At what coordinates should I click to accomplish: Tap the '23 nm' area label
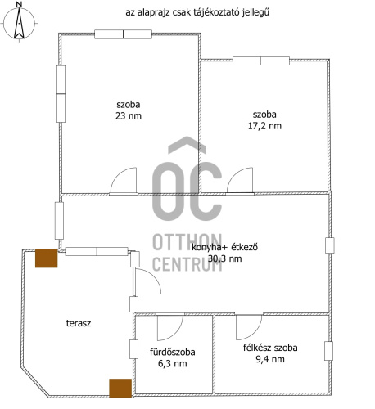[129, 116]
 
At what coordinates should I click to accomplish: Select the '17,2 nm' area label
[264, 126]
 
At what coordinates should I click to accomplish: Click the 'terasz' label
[79, 323]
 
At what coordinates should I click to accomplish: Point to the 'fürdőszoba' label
[173, 352]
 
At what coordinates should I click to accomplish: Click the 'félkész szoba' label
[270, 348]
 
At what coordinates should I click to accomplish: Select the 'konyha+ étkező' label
[224, 247]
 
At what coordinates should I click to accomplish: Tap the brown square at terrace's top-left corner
[47, 258]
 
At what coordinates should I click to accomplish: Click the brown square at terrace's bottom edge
[120, 388]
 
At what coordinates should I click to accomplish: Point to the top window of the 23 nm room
[123, 34]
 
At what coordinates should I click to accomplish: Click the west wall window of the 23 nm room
[61, 94]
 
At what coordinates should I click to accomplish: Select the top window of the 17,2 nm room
[261, 61]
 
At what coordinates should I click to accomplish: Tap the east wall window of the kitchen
[330, 245]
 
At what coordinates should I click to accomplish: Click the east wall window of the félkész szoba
[328, 351]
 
